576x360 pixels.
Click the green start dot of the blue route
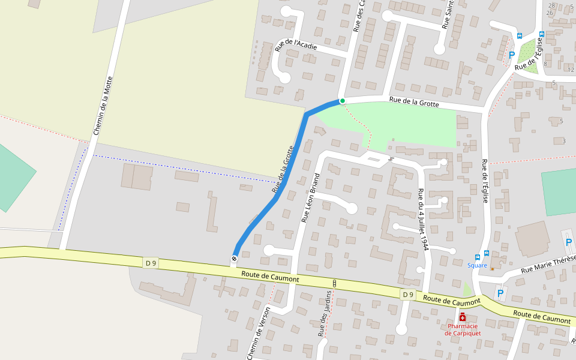342,101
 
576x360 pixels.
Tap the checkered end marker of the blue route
234,259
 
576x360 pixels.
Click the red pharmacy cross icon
463,317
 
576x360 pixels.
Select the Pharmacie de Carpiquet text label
463,329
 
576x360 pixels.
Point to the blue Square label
478,265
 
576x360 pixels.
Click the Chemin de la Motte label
103,106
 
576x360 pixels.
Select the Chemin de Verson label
259,332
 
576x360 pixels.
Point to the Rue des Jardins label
325,313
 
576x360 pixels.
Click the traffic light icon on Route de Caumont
334,283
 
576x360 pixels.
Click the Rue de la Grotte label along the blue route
282,170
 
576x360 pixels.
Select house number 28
551,5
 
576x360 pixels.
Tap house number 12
570,70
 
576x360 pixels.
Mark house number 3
564,141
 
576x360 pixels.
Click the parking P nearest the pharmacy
500,293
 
